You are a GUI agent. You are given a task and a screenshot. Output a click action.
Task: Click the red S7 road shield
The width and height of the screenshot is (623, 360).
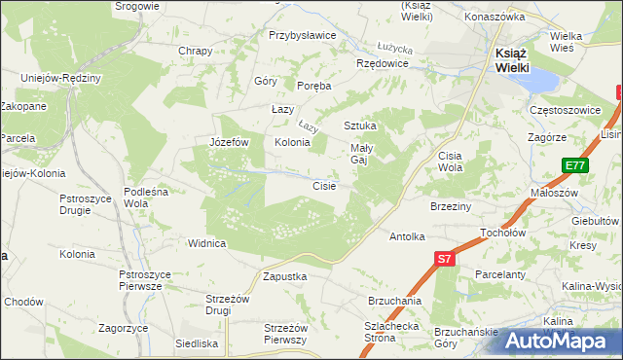tap(444, 259)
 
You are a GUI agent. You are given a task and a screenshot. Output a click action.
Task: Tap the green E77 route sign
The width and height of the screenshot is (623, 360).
tap(575, 167)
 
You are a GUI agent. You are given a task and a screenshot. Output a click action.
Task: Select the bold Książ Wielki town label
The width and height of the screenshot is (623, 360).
tap(506, 60)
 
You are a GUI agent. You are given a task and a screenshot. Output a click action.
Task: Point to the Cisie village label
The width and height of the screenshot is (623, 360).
tap(324, 185)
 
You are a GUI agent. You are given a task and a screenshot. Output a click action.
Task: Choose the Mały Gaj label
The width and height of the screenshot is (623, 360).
tap(364, 155)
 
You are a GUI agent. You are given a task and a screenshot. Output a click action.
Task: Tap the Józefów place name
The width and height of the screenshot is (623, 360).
tap(230, 142)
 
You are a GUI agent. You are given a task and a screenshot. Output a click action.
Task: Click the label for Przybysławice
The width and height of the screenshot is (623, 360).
tap(302, 35)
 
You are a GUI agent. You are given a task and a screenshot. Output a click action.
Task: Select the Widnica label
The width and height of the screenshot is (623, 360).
tap(207, 243)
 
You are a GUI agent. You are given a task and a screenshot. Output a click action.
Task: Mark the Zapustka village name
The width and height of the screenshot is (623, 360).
tap(285, 276)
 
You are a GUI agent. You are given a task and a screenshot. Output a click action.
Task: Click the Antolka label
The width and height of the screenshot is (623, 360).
tap(408, 236)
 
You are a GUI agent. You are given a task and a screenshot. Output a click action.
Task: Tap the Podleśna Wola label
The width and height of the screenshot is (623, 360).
tap(146, 198)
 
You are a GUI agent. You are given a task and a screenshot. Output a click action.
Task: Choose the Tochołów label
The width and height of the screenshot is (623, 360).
tap(503, 234)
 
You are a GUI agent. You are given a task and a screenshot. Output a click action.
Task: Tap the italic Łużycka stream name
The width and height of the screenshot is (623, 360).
tap(395, 47)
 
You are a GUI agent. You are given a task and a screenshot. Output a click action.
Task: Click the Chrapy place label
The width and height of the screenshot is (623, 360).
tap(195, 51)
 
